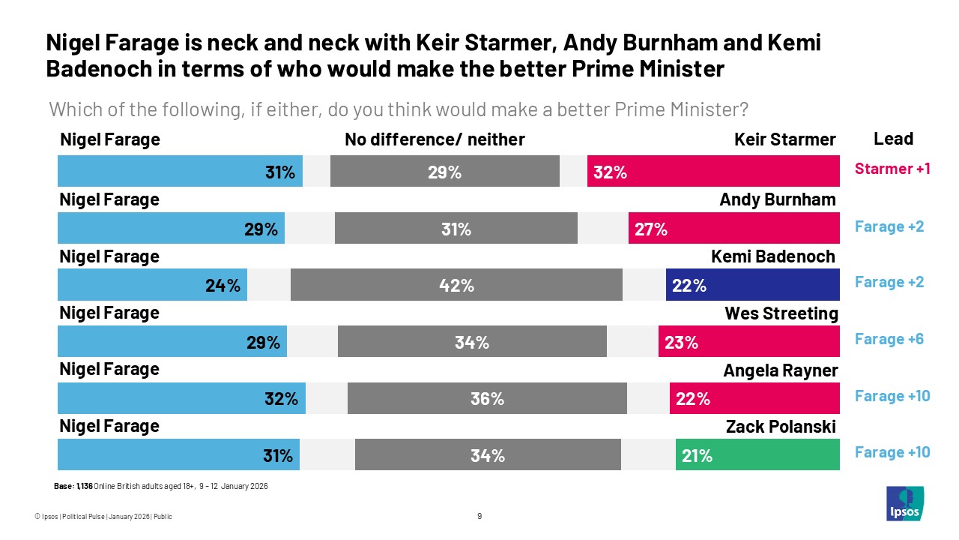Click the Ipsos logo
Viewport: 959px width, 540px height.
(x=905, y=503)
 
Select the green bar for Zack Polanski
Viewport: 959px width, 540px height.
(x=757, y=455)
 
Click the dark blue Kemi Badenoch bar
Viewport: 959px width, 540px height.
(x=752, y=286)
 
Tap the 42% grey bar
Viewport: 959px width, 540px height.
(x=456, y=286)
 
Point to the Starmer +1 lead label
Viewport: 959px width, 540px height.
(x=892, y=169)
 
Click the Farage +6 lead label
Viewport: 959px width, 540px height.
(x=889, y=339)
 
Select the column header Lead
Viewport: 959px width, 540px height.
(x=893, y=139)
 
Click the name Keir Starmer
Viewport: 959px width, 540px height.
(x=784, y=139)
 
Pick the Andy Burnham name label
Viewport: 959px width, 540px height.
(x=777, y=199)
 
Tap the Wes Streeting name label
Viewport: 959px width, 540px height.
(x=781, y=313)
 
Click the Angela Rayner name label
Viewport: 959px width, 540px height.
(x=780, y=370)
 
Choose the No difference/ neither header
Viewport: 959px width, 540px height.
(x=435, y=139)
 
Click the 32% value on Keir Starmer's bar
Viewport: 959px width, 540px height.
(x=610, y=172)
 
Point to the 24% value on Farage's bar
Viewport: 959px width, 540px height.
(x=223, y=286)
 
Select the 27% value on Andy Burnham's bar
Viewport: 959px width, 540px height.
(x=650, y=229)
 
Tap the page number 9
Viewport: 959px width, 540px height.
(x=479, y=516)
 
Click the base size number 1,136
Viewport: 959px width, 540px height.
(x=84, y=487)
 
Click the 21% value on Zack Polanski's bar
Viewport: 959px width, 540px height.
(x=696, y=455)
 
